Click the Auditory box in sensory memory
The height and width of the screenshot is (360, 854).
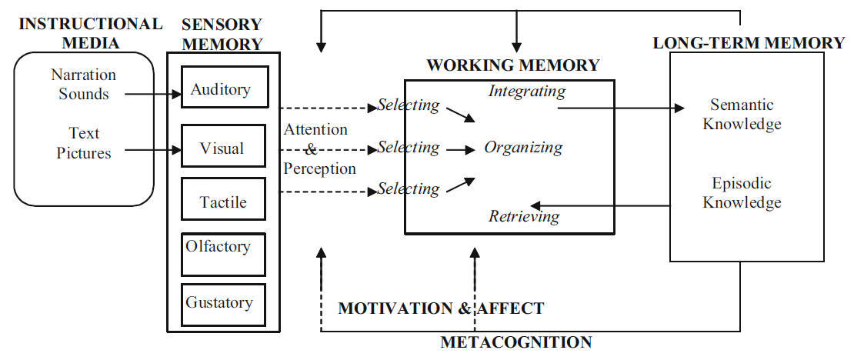tap(225, 87)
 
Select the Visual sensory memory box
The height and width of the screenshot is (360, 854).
tap(223, 146)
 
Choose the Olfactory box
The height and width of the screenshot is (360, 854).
tap(223, 255)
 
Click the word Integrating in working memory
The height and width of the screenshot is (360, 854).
tap(527, 91)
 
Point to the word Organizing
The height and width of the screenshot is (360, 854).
tap(523, 148)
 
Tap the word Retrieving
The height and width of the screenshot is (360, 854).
tap(524, 217)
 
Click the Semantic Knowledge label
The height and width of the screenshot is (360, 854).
tap(742, 114)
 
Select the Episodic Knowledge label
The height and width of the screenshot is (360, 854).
tap(742, 192)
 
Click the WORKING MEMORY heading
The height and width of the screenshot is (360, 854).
tap(512, 65)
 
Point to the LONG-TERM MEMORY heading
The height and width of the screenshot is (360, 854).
tap(749, 42)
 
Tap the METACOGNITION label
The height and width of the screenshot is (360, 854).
tap(515, 342)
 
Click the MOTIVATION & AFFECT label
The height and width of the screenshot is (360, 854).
tap(441, 308)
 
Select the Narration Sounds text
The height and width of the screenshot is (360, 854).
tap(84, 83)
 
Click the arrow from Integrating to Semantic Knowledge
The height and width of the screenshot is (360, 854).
tap(621, 108)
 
